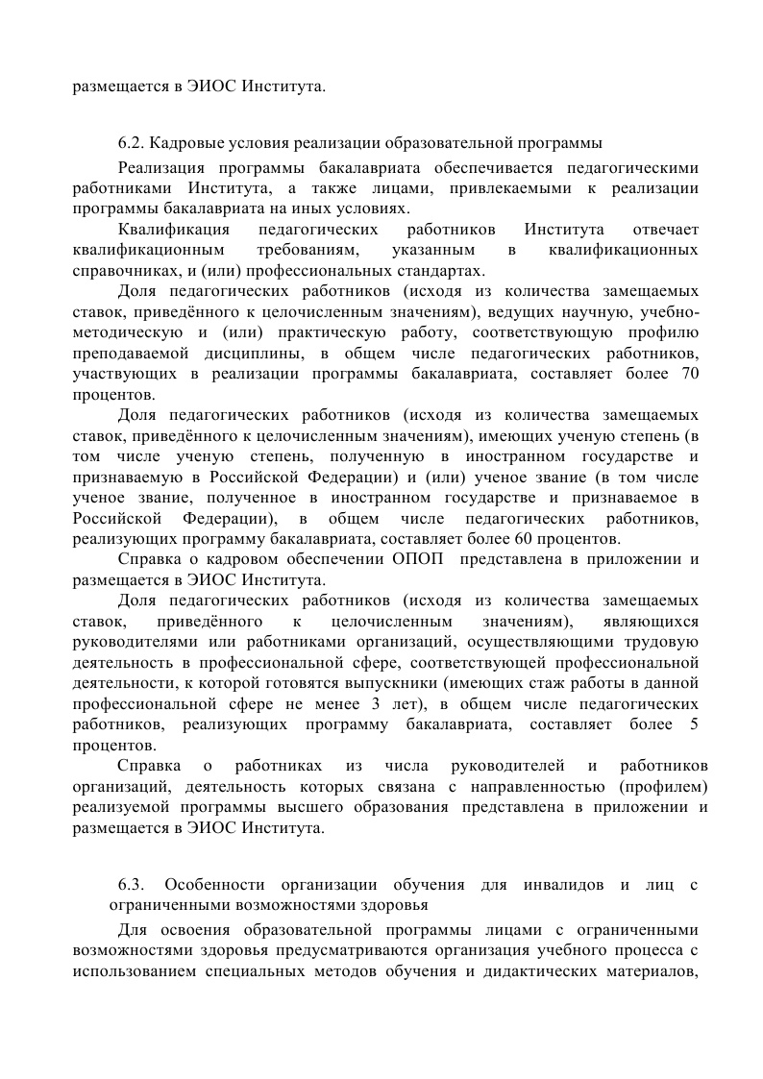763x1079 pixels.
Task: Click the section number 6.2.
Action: (131, 143)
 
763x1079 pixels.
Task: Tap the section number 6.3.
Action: (131, 884)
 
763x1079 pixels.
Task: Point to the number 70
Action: (689, 374)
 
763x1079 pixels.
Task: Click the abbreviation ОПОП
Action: (418, 558)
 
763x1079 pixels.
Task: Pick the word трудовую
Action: (667, 641)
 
